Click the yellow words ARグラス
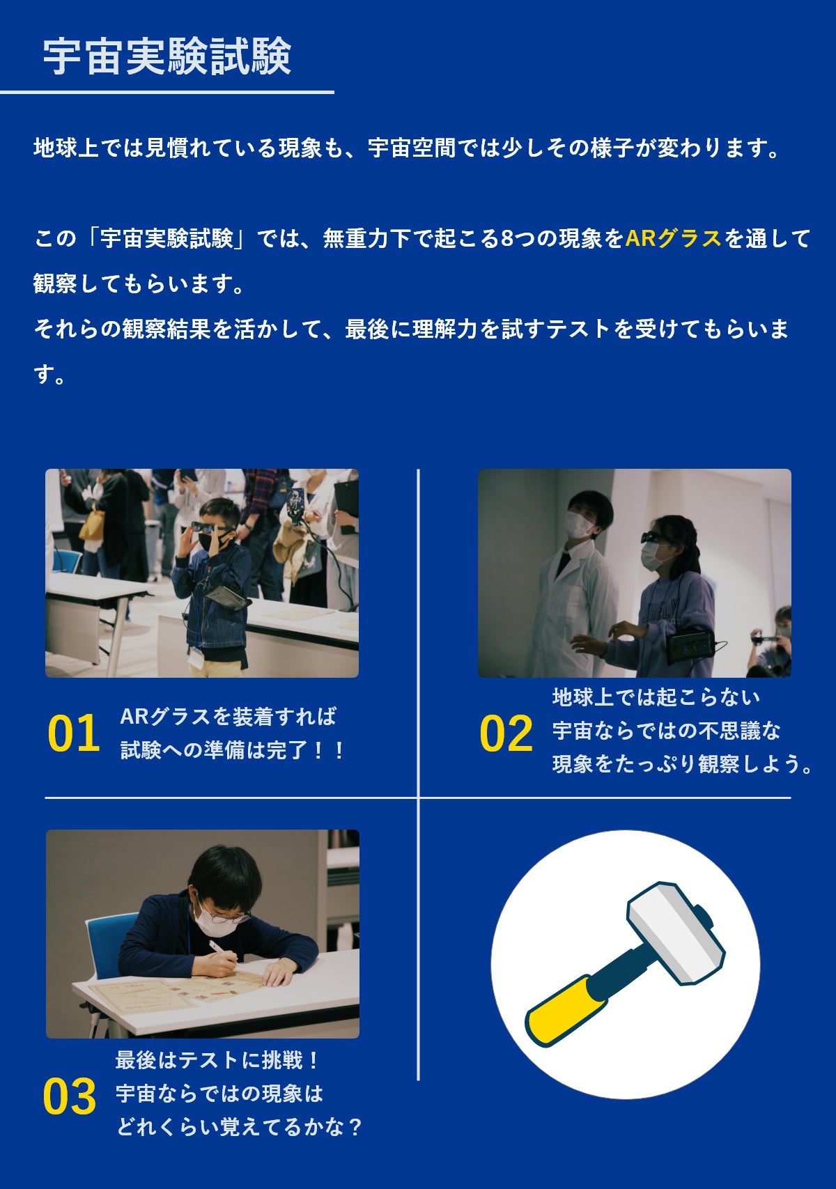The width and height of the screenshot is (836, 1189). pos(673,238)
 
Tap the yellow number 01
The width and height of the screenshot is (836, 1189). pos(73,733)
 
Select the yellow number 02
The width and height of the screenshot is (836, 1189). pos(506,733)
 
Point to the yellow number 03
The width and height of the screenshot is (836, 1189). pos(69,1096)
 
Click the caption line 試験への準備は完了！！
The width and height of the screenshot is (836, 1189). pos(233,750)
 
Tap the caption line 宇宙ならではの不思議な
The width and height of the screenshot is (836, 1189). pos(666,731)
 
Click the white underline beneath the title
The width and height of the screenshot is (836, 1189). pos(167,93)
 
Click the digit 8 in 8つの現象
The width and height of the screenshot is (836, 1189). pos(506,238)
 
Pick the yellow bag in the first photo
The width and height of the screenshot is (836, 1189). pos(91,525)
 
